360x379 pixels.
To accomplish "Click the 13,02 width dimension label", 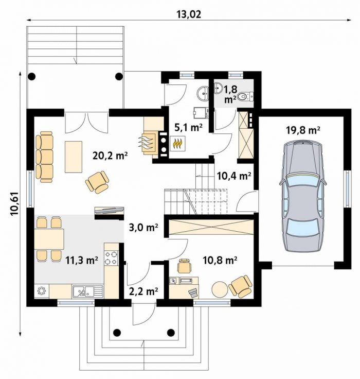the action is click(189, 14).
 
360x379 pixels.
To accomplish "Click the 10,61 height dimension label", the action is click(15, 203).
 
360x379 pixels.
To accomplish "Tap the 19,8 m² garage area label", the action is click(303, 130).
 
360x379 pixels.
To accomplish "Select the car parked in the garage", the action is click(303, 197).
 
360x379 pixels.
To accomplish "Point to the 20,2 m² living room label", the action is click(110, 156).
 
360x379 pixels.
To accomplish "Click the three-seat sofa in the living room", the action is click(44, 157).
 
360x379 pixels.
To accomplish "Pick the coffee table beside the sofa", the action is click(74, 157).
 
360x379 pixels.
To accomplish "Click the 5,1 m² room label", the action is click(188, 127).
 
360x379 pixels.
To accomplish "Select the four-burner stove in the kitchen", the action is click(111, 258).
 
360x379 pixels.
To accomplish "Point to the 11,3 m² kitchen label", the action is click(82, 261).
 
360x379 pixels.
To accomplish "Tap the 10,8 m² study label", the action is click(220, 261).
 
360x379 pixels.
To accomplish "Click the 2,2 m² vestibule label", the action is click(143, 291).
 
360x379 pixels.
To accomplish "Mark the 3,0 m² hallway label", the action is click(143, 228).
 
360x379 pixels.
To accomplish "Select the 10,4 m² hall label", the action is click(233, 176).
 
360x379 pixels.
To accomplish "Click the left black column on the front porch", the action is click(117, 333).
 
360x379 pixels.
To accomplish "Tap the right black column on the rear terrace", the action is click(119, 76).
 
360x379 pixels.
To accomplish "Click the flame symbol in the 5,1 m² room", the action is click(178, 144).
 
